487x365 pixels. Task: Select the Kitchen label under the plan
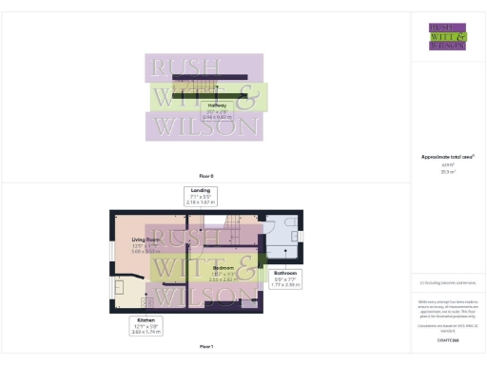146,321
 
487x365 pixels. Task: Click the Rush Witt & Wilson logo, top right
447,36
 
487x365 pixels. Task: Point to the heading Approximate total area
447,156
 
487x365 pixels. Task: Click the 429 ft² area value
447,164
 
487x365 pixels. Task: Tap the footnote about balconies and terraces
447,282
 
